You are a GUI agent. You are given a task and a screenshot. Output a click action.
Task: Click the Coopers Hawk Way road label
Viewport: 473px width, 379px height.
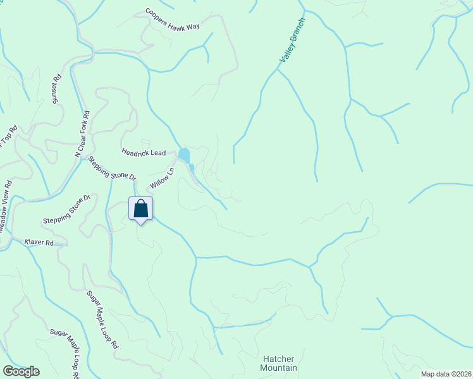pyautogui.click(x=172, y=19)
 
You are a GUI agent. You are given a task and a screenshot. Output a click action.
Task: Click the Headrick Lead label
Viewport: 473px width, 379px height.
pyautogui.click(x=144, y=152)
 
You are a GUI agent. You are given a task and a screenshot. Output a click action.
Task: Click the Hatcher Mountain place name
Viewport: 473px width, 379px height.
pyautogui.click(x=279, y=363)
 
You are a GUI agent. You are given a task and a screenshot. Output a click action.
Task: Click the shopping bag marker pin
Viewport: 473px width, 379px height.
pyautogui.click(x=140, y=208)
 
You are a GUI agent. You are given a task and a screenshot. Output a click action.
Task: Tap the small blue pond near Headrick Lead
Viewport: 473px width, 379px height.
pyautogui.click(x=184, y=154)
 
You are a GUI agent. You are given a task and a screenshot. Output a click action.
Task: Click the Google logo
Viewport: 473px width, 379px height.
pyautogui.click(x=21, y=371)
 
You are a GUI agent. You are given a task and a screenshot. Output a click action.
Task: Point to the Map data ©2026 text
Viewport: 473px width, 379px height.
pyautogui.click(x=446, y=374)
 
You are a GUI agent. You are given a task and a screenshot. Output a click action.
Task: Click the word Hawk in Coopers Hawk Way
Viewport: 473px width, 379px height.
pyautogui.click(x=178, y=20)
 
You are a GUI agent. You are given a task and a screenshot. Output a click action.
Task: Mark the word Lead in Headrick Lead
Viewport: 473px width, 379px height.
pyautogui.click(x=158, y=152)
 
